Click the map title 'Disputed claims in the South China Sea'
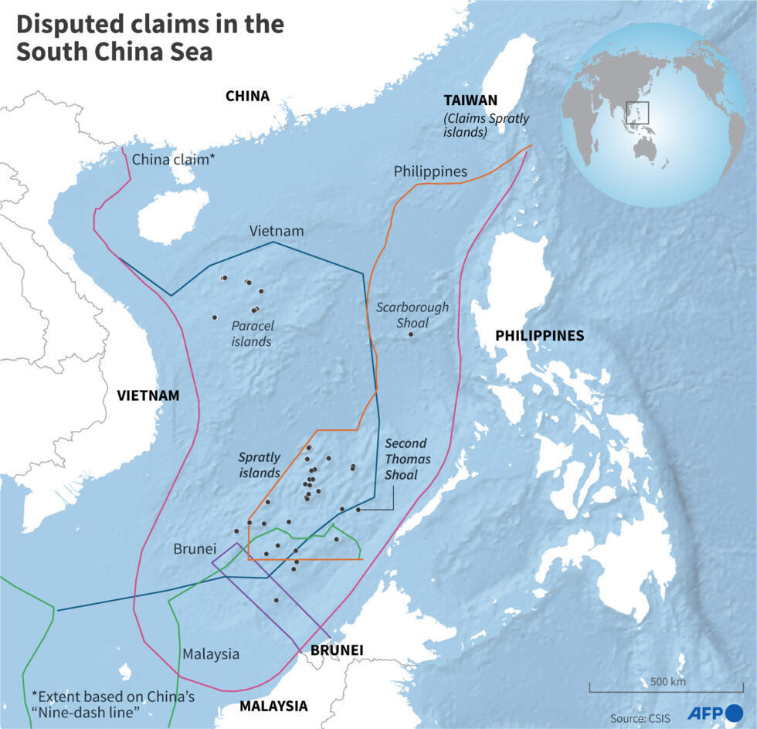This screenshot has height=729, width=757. pos(150,38)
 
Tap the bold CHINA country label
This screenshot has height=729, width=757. pos(247,97)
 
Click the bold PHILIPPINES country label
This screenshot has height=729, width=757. pos(539,336)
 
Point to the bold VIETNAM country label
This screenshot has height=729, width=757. pos(148,395)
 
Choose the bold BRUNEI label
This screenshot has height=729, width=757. pos(337,650)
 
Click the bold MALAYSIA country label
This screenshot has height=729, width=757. pos(273,706)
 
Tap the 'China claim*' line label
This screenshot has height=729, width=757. pos(174,160)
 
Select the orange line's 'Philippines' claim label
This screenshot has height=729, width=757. pos(430,171)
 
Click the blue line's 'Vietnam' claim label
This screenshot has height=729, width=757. pos(277,231)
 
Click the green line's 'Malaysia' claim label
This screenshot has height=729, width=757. pos(211,654)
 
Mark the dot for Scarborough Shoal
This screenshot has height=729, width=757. pos(411,334)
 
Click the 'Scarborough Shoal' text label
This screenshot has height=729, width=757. pos(412,315)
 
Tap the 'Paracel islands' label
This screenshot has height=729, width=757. pos(252,334)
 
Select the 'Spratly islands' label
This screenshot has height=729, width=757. pos(259,465)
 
